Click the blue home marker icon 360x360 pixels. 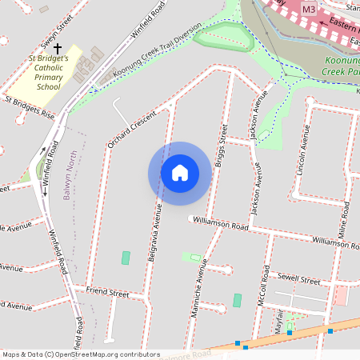tap(179, 172)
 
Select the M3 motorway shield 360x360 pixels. tap(309, 7)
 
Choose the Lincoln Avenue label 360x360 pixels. tap(302, 149)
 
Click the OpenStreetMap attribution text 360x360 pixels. tap(80, 354)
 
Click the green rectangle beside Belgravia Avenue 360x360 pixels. tap(125, 258)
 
